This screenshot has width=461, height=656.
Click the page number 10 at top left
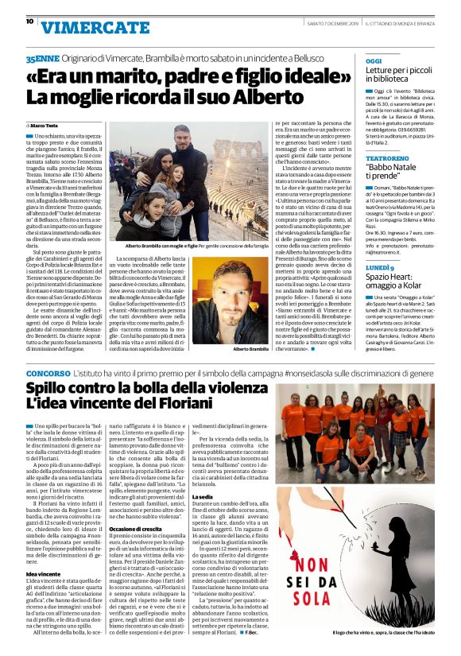(x=29, y=21)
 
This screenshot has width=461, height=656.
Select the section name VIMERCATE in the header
(x=83, y=28)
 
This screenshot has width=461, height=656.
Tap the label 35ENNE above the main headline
(x=42, y=60)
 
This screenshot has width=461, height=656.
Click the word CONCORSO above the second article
(x=48, y=372)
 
